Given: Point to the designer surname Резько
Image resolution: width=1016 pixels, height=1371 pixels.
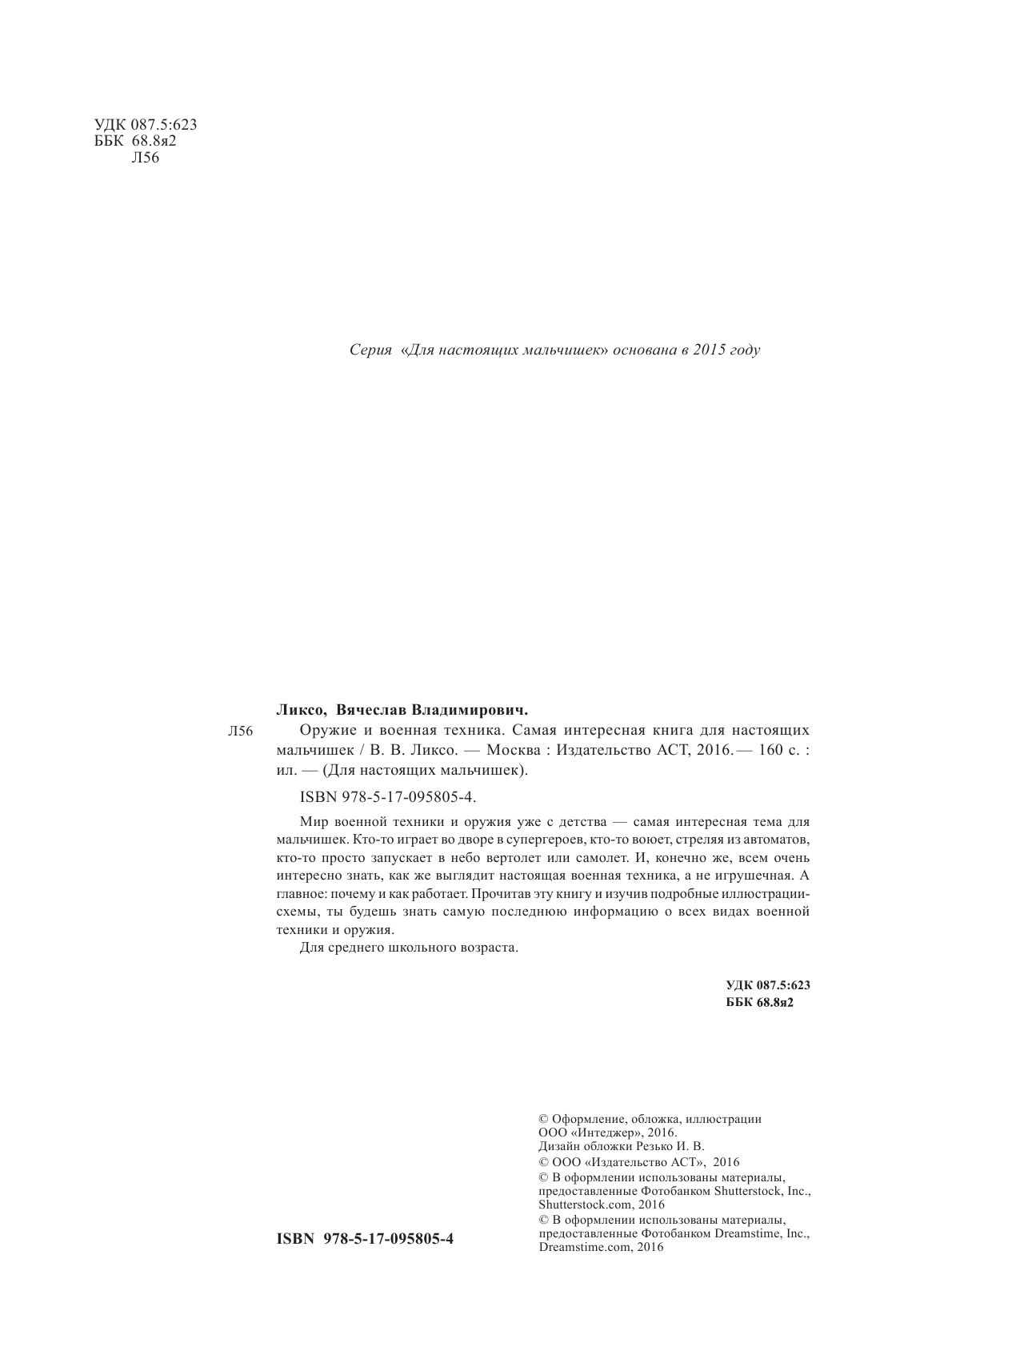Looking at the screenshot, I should (x=652, y=1146).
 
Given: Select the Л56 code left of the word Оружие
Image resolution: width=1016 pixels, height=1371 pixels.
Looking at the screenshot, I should (x=240, y=732).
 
